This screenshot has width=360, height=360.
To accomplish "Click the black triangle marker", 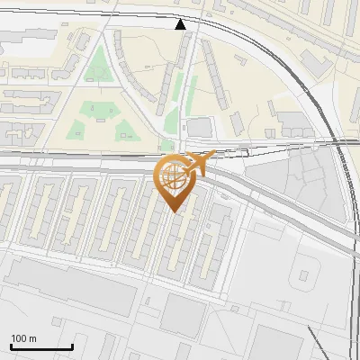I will pyautogui.click(x=181, y=23).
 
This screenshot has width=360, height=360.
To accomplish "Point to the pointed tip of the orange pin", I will pyautogui.click(x=174, y=212).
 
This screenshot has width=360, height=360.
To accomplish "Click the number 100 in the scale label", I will pyautogui.click(x=19, y=338).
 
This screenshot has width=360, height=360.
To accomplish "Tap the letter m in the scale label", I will pyautogui.click(x=32, y=338).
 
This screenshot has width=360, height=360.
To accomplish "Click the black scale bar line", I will pyautogui.click(x=41, y=346).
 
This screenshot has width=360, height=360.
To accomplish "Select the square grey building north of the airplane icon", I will pyautogui.click(x=199, y=127).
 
